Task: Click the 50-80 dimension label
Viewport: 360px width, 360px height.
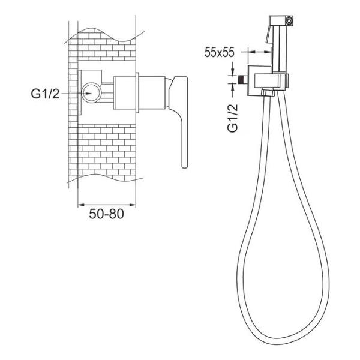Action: [x=106, y=214]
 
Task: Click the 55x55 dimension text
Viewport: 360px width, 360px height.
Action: [x=219, y=52]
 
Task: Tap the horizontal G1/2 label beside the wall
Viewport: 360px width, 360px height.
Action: [x=45, y=94]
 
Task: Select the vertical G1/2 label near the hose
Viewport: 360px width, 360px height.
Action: [x=233, y=118]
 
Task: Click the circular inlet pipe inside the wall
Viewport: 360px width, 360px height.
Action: [x=91, y=93]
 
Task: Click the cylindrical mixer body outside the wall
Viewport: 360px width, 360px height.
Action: [x=152, y=92]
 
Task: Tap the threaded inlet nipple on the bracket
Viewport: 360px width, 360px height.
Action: [x=243, y=79]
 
